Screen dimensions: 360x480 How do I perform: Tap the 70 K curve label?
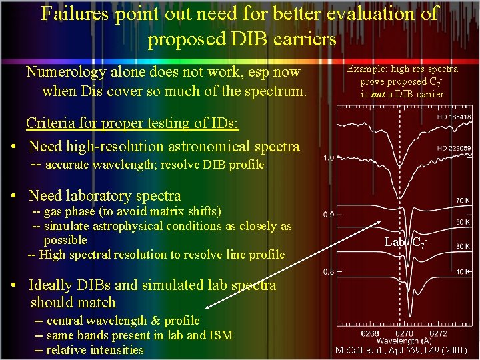tap(462, 200)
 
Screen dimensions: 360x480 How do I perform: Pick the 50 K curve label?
tap(462, 221)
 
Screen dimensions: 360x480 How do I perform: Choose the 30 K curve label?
tap(462, 246)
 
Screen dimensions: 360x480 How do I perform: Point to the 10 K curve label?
tap(462, 271)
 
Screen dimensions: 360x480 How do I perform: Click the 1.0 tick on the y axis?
tap(328, 158)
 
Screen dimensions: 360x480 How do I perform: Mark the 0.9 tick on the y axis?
tap(328, 215)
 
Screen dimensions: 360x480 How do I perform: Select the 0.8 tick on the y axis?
tap(328, 271)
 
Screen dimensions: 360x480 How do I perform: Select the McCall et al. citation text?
tap(400, 350)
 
